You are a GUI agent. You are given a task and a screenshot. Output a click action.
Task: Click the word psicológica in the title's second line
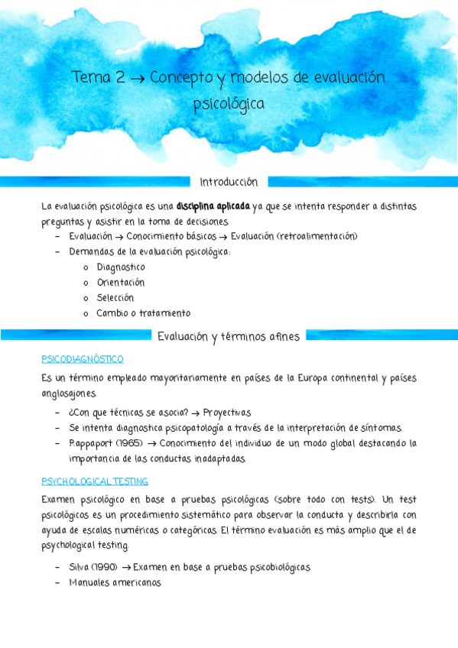[x=229, y=103]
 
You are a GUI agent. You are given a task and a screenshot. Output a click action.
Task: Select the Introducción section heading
[x=229, y=182]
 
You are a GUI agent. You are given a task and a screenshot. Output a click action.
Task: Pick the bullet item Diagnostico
[x=121, y=267]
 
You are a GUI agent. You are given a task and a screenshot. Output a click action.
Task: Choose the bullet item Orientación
[x=121, y=283]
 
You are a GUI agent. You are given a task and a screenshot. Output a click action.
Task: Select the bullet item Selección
[x=115, y=298]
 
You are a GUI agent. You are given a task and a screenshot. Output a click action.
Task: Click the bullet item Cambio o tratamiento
[x=144, y=313]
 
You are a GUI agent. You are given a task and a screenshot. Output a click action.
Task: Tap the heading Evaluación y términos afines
[x=229, y=336]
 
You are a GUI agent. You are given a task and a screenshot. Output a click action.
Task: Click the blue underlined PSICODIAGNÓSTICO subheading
[x=82, y=359]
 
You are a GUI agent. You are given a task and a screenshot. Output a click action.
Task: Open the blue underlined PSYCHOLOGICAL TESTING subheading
[x=95, y=481]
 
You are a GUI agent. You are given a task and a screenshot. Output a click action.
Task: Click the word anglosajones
[x=69, y=394]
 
